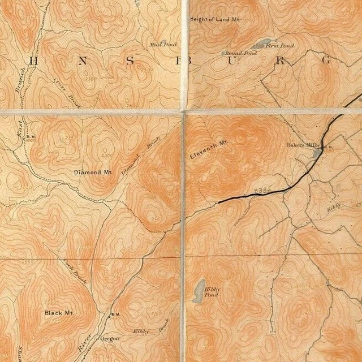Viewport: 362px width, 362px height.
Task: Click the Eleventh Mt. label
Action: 208,150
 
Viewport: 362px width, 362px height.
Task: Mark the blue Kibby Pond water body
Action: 197,292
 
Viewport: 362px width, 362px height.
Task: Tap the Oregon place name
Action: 109,338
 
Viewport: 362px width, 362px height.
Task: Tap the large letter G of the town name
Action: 326,61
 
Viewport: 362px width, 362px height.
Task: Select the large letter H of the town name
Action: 33,61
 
